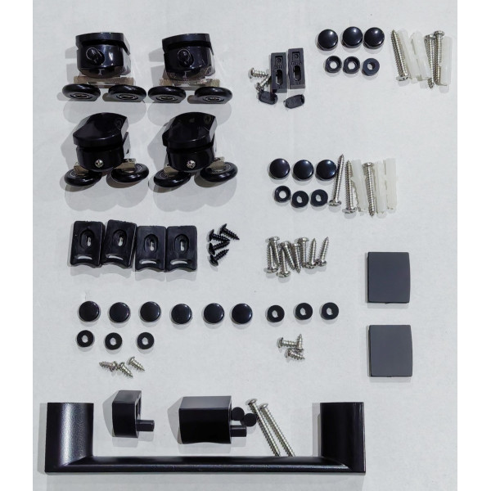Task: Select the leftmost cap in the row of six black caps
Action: point(88,311)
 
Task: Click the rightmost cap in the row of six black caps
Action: point(241,312)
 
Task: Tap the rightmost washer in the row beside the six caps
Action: point(329,311)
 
